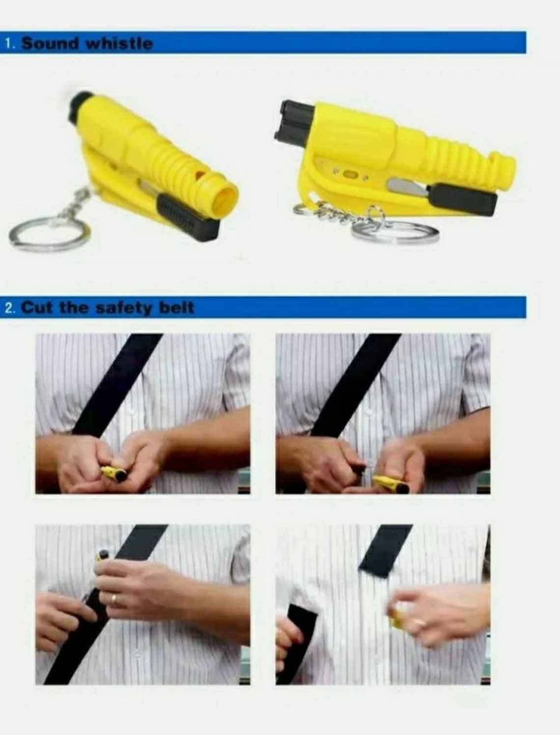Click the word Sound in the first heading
pyautogui.click(x=49, y=44)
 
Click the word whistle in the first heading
pyautogui.click(x=119, y=44)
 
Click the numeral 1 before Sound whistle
pyautogui.click(x=9, y=44)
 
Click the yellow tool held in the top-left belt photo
pyautogui.click(x=114, y=473)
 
